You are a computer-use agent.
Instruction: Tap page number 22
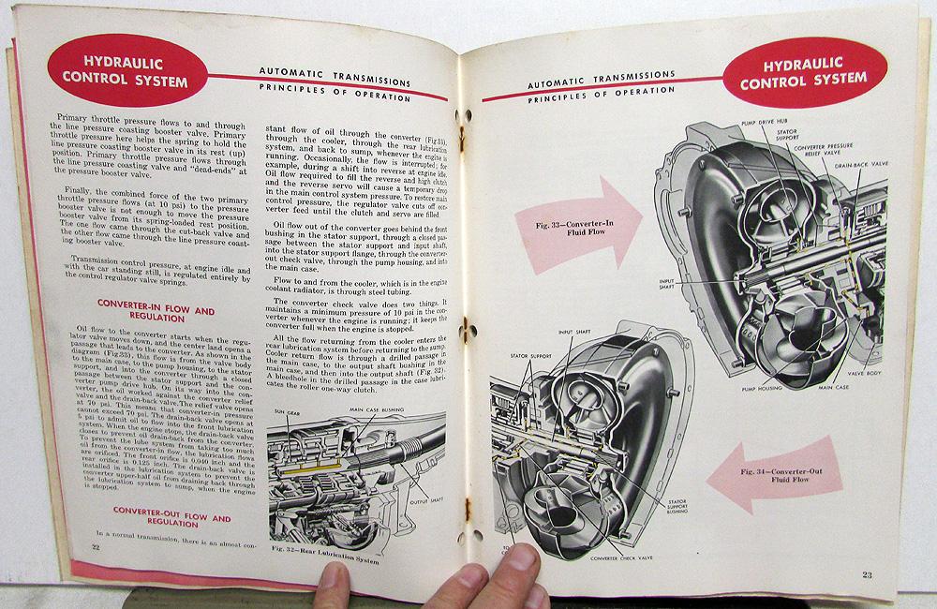tap(95, 545)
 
